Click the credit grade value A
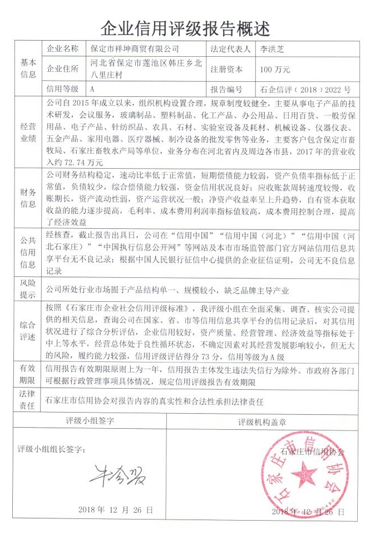(92, 89)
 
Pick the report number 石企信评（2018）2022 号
(305, 89)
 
